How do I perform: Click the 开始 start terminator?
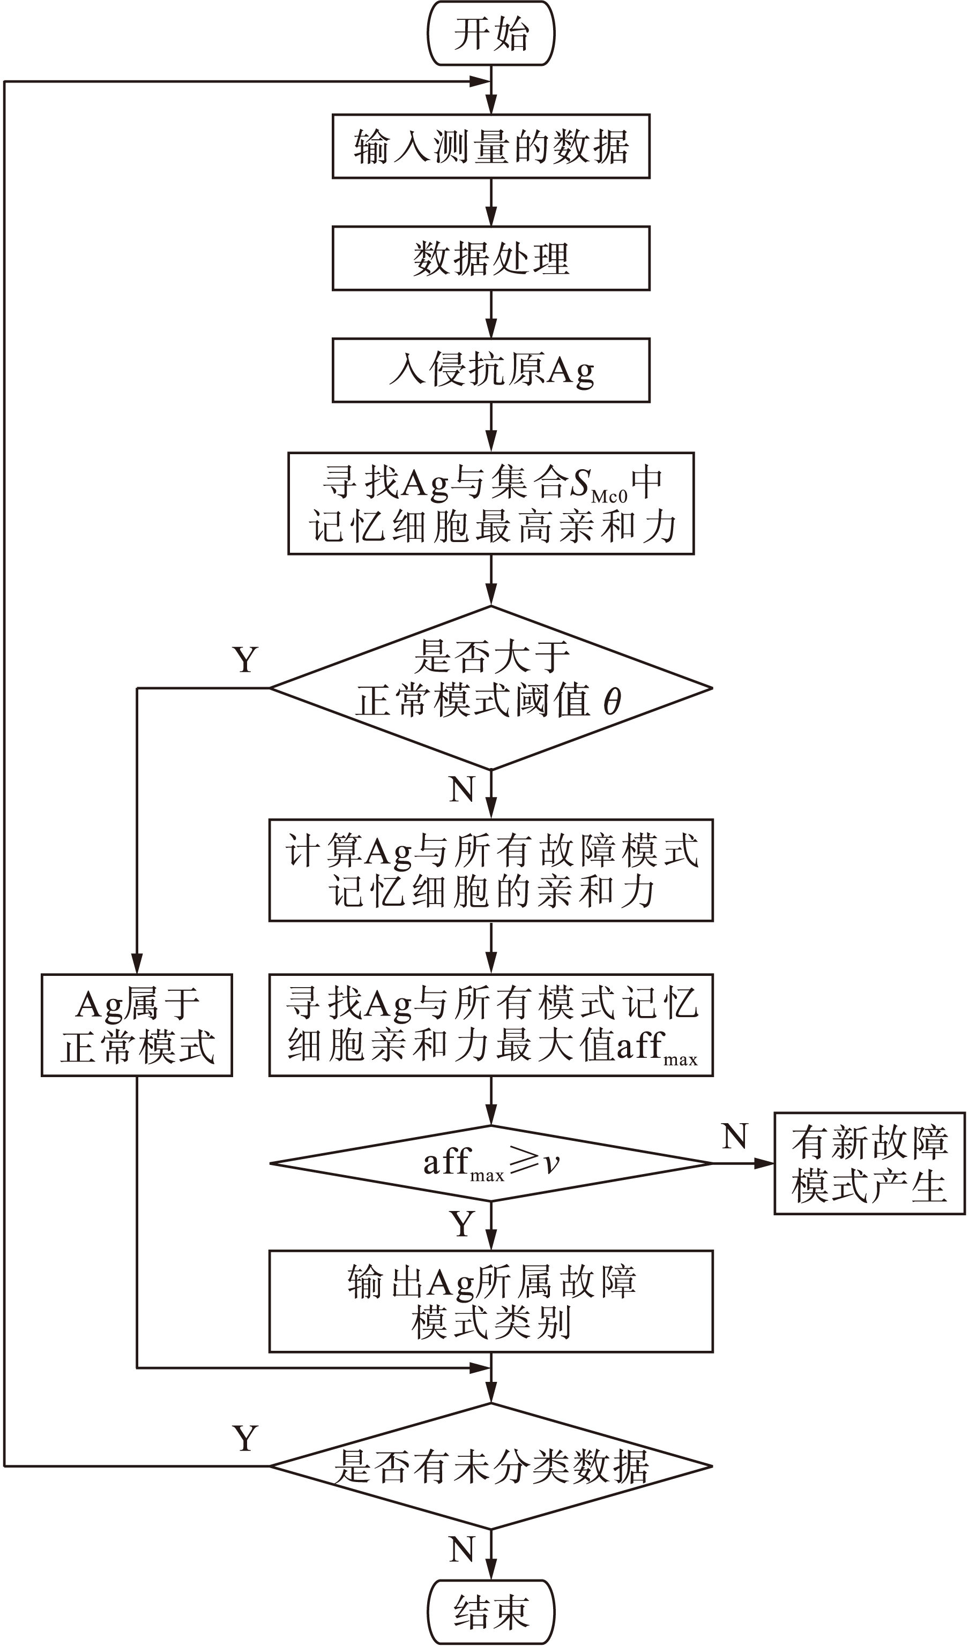(490, 33)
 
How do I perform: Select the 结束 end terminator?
(490, 1612)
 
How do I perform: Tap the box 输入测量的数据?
(490, 146)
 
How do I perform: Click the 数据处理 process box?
(490, 258)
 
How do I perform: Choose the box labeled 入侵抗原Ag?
(490, 370)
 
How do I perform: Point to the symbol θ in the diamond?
(612, 702)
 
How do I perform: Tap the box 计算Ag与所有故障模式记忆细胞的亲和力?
(490, 870)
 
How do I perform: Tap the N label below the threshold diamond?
(461, 789)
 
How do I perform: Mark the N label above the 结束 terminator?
(461, 1549)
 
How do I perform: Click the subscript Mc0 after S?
(609, 497)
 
